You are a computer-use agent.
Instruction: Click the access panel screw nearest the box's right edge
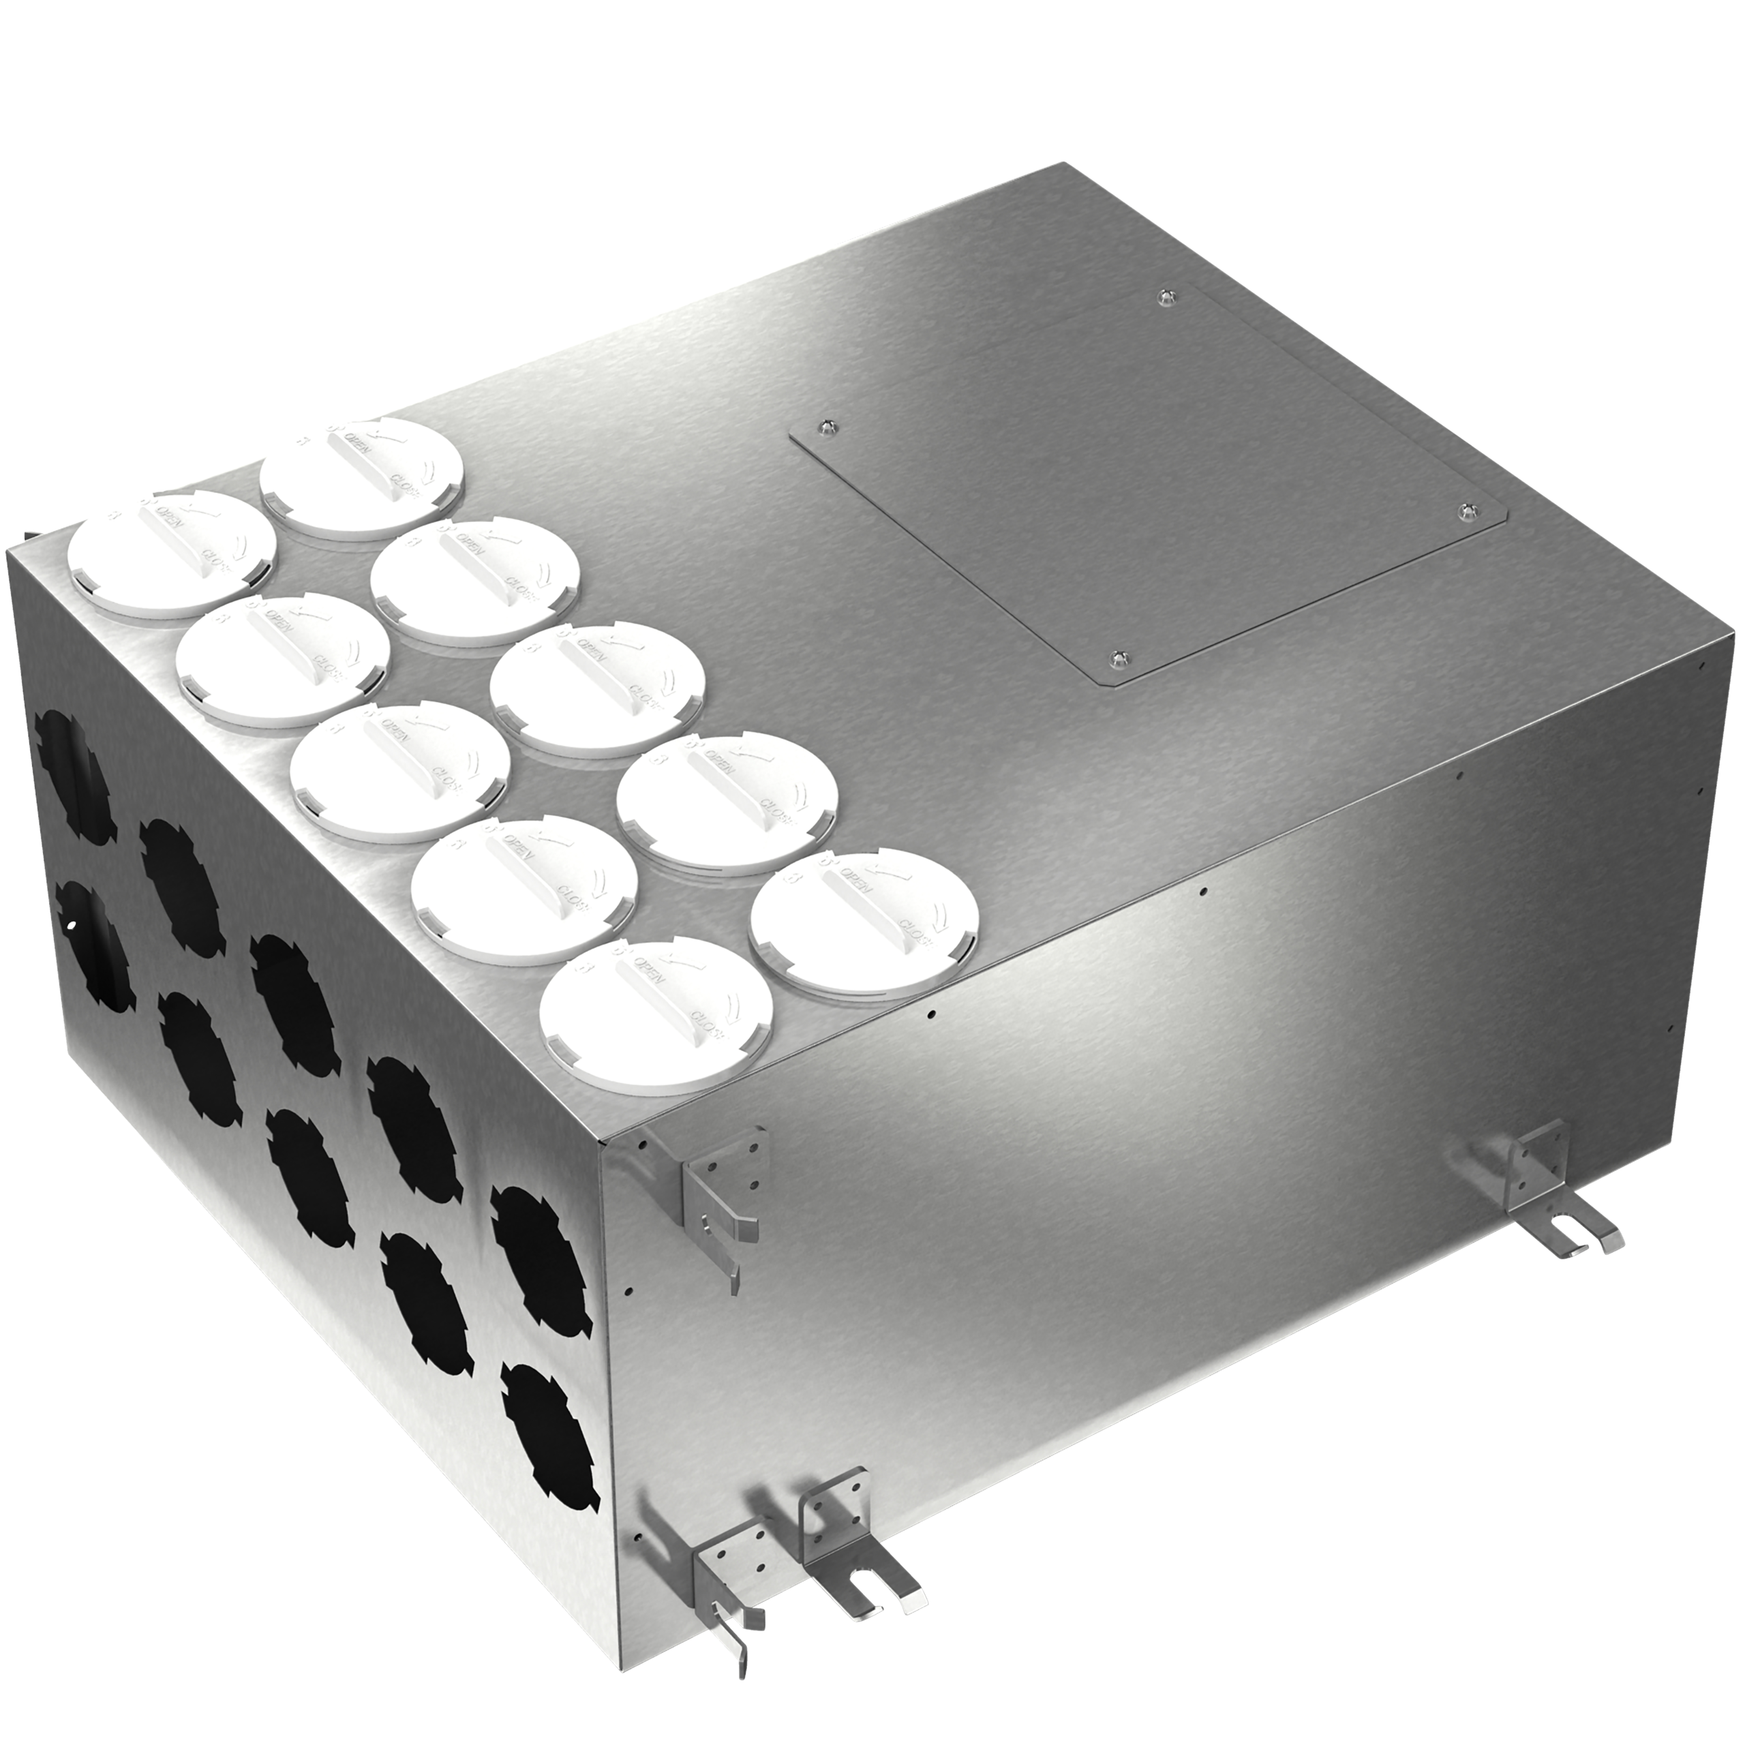(1465, 511)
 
